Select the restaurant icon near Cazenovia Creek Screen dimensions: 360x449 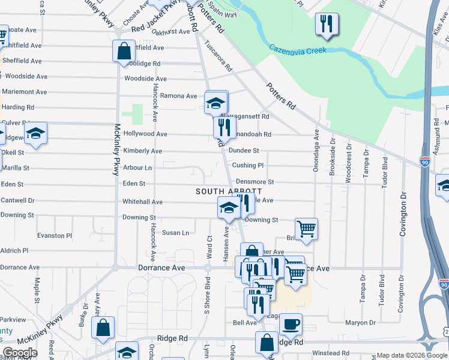(327, 24)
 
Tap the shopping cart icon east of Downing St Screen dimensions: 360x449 (306, 229)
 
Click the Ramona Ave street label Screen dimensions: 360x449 (178, 96)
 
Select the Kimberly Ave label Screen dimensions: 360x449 (142, 151)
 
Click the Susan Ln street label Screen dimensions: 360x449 (175, 233)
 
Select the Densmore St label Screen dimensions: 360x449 (255, 181)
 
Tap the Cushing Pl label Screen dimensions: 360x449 (248, 165)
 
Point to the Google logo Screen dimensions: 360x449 (20, 353)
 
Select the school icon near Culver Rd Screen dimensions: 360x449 (35, 133)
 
